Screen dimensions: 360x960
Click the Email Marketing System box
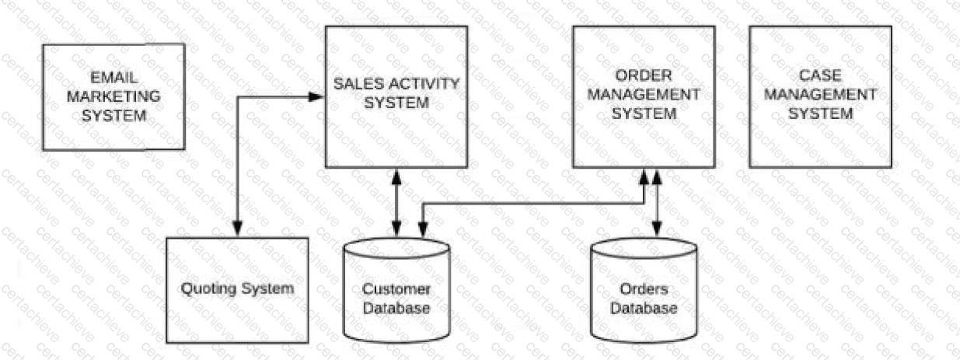click(113, 97)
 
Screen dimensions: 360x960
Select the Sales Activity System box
click(396, 96)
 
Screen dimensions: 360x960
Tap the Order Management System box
click(644, 96)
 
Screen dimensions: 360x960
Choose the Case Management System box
click(820, 96)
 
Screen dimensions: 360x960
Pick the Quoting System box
click(237, 290)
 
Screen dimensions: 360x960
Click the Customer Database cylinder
click(396, 291)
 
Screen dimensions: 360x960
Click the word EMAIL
click(114, 79)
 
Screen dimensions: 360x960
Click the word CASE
click(821, 76)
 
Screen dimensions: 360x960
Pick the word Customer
click(396, 290)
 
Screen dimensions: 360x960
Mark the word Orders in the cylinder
click(644, 290)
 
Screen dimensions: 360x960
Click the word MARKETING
click(114, 98)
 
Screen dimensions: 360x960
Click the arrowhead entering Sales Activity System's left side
click(317, 96)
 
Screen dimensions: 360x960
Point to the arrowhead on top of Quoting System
click(237, 229)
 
